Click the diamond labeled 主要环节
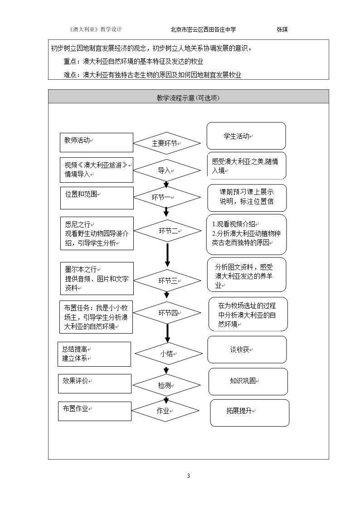tap(167, 143)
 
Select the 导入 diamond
tap(167, 170)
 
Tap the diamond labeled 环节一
tap(167, 197)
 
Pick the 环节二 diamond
tap(167, 231)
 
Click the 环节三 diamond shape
tap(167, 281)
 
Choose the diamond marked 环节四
tap(167, 313)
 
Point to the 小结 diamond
tap(169, 354)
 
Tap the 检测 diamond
tap(166, 385)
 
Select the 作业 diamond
tap(165, 411)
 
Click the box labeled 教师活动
tap(97, 142)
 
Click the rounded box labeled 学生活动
tap(246, 136)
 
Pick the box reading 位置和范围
tap(97, 198)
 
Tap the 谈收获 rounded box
tap(247, 349)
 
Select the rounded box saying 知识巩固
tap(248, 382)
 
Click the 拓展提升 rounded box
tap(250, 412)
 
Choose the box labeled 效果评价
tap(95, 384)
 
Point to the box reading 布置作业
tap(95, 411)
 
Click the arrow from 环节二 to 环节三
tap(167, 255)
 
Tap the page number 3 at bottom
tap(188, 476)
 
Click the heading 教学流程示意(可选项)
tap(188, 98)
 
